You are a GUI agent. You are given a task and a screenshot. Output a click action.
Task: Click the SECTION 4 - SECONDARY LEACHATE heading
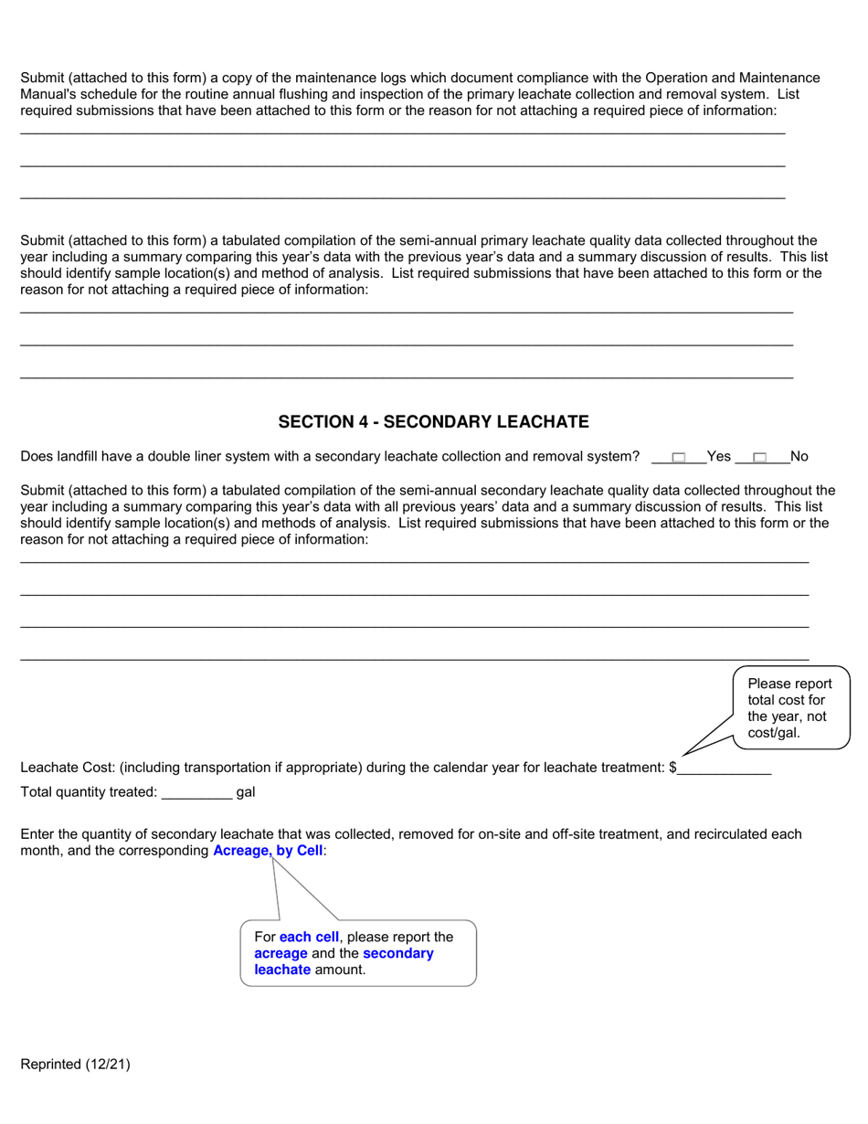pyautogui.click(x=433, y=421)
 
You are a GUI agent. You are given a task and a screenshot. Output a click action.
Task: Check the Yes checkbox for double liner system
pyautogui.click(x=679, y=457)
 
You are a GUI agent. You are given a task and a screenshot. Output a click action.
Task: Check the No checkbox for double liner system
pyautogui.click(x=759, y=457)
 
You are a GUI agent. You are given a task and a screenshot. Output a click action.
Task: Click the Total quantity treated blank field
pyautogui.click(x=196, y=792)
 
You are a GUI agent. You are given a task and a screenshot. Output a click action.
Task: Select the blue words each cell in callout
pyautogui.click(x=309, y=937)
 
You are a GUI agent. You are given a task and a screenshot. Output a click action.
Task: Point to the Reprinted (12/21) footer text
pyautogui.click(x=75, y=1064)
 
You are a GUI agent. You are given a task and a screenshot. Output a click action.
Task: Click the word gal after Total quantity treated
pyautogui.click(x=246, y=792)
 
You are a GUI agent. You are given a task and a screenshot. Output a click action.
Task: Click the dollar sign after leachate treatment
pyautogui.click(x=673, y=768)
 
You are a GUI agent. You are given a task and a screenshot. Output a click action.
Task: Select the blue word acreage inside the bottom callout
pyautogui.click(x=281, y=953)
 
